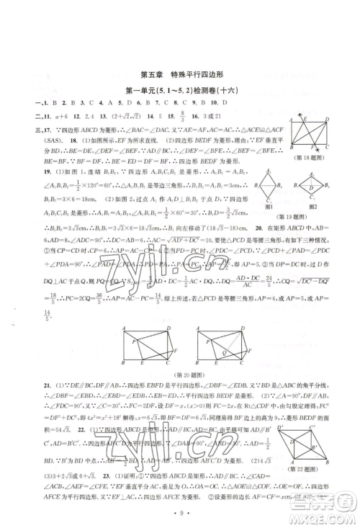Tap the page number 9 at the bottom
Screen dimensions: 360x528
pyautogui.click(x=179, y=513)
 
